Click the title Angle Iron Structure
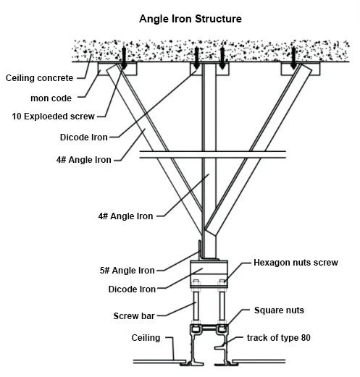coord(191,19)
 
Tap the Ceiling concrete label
coord(39,78)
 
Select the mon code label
coord(51,98)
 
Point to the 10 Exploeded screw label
coord(53,117)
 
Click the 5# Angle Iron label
coord(127,271)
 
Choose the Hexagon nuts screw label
coord(296,263)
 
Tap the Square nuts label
coord(279,310)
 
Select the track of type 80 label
coord(279,338)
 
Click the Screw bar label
coord(134,316)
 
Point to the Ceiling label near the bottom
coord(146,338)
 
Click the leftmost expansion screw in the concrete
coord(124,57)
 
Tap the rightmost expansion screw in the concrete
coord(293,58)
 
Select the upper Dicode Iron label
coord(84,137)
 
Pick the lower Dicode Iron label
coord(132,289)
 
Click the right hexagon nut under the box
coord(222,282)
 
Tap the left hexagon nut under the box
coord(196,282)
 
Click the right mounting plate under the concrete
coord(301,69)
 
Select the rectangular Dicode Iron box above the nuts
coord(209,274)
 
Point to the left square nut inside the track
coord(196,329)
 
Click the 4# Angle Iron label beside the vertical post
coord(125,216)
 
